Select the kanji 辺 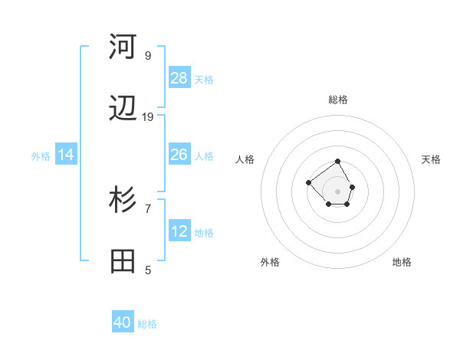pyautogui.click(x=123, y=110)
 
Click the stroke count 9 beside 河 pyautogui.click(x=148, y=55)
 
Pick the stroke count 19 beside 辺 pyautogui.click(x=148, y=117)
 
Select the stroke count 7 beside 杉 pyautogui.click(x=148, y=208)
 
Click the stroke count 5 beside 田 pyautogui.click(x=148, y=270)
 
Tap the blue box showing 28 pyautogui.click(x=179, y=77)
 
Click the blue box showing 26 pyautogui.click(x=179, y=155)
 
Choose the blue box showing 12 pyautogui.click(x=179, y=231)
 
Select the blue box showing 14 pyautogui.click(x=66, y=155)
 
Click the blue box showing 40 pyautogui.click(x=123, y=322)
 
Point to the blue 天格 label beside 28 pyautogui.click(x=204, y=79)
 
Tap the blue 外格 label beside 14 pyautogui.click(x=41, y=156)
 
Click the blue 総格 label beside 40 pyautogui.click(x=147, y=324)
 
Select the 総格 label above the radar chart pyautogui.click(x=338, y=100)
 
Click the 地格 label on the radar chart pyautogui.click(x=402, y=262)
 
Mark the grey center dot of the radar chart pyautogui.click(x=338, y=191)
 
